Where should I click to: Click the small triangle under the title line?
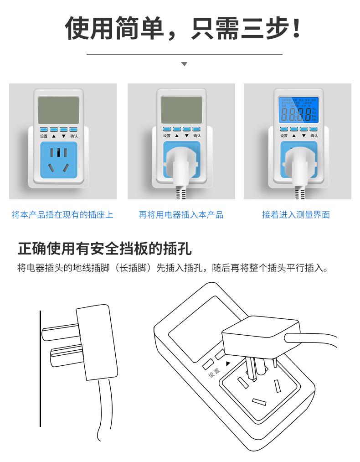tap(184, 64)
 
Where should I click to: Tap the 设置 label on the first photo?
tap(44, 136)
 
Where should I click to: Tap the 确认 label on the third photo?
tap(314, 136)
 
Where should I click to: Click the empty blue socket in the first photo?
tap(59, 160)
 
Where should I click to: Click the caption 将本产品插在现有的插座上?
tap(62, 215)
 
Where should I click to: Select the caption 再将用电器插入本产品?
tap(181, 215)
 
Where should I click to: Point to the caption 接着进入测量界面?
tap(296, 215)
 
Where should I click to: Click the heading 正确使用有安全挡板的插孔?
tap(105, 249)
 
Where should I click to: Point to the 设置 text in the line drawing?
tap(214, 373)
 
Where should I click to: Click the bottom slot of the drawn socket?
tap(259, 402)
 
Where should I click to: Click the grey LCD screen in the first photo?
tap(58, 110)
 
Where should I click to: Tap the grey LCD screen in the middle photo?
tap(181, 110)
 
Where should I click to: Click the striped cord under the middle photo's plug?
tap(181, 193)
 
